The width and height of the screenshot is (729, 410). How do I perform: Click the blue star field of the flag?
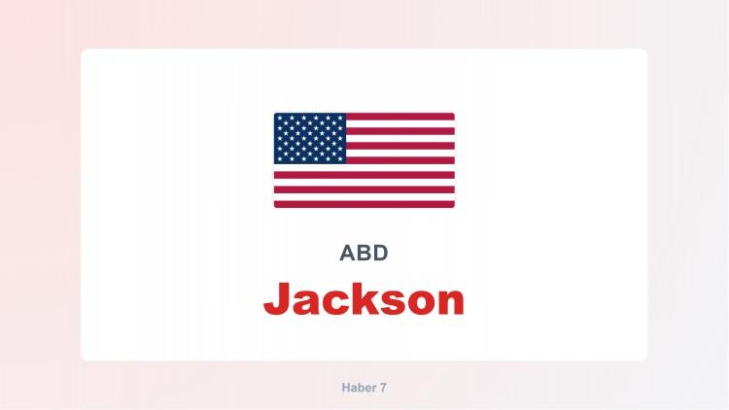(310, 138)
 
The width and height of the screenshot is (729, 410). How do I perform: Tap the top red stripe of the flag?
(399, 117)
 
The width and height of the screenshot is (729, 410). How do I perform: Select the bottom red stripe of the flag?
(364, 204)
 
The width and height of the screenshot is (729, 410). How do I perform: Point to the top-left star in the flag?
(279, 118)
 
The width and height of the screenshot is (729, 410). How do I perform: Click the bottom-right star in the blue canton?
(341, 158)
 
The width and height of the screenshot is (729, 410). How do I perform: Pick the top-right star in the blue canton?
(341, 118)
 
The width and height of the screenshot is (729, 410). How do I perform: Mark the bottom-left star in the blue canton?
(279, 158)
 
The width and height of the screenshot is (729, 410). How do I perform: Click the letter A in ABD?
(347, 254)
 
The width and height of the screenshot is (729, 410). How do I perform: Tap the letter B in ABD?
(364, 254)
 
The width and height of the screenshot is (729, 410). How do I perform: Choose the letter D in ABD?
(380, 254)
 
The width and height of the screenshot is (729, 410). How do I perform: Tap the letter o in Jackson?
(421, 302)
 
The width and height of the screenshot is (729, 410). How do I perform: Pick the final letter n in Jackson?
(449, 302)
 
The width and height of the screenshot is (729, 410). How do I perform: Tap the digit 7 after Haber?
(383, 387)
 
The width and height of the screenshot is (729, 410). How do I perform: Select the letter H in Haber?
(346, 387)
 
